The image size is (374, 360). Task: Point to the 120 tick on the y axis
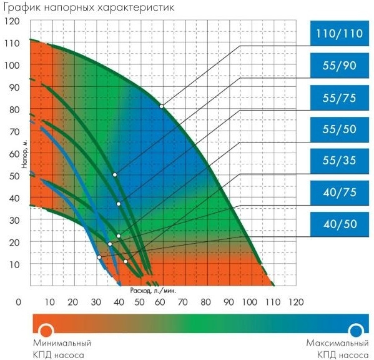pos(13,21)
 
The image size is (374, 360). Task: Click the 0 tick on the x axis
pos(19,302)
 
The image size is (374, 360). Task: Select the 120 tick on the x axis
pos(295,302)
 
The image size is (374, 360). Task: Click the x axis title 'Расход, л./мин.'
pos(154,291)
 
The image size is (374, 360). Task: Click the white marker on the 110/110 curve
pos(161,106)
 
